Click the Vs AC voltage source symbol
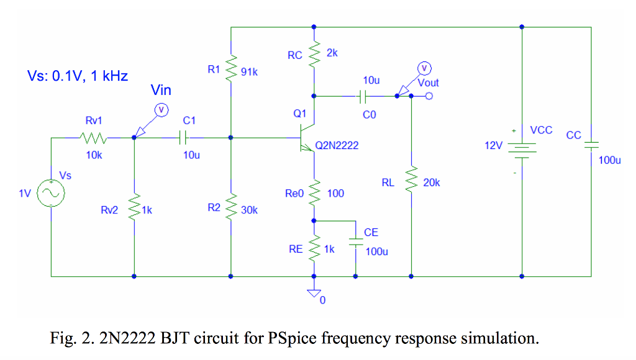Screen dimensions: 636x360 (51, 193)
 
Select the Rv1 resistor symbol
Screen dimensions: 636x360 (94, 137)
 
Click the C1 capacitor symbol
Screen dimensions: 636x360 (183, 137)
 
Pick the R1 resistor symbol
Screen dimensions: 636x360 (230, 67)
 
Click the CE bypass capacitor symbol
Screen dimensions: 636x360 (356, 243)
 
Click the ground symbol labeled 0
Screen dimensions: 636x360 (314, 293)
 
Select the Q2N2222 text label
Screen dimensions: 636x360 (337, 145)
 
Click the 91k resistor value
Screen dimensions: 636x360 (249, 72)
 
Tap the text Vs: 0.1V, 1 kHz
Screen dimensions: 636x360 (78, 76)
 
